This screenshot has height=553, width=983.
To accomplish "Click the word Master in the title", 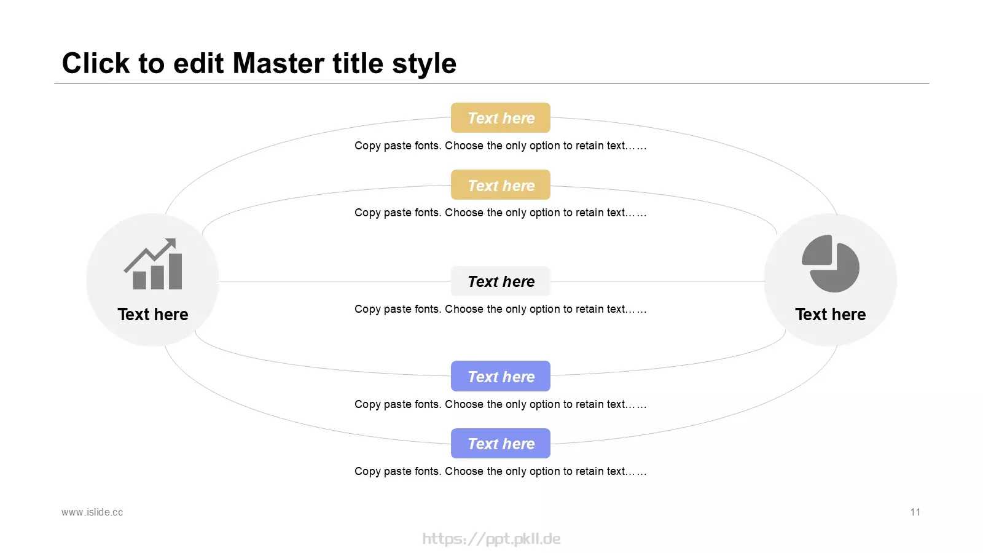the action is pos(278,63).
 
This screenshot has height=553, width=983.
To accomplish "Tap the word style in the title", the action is pos(424,64).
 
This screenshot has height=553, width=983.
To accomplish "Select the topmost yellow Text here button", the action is pos(500,117).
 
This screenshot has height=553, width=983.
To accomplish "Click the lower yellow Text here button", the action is pos(500,185).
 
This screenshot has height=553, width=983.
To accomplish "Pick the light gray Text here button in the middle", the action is pos(500,281).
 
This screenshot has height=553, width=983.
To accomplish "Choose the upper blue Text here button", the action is pos(500,376).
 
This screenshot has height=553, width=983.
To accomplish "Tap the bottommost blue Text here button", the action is pos(500,443).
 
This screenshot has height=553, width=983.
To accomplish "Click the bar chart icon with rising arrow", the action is pos(153,264).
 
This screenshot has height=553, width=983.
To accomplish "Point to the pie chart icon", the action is pos(830,264).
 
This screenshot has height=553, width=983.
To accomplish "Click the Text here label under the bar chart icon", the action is pos(153,314).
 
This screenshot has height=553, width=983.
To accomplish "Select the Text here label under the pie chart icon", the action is pos(830,314).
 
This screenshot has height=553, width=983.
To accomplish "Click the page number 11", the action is pos(915,512).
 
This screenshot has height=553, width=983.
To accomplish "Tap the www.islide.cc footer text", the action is pos(92,512).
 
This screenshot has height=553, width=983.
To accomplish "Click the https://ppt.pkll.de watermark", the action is pos(491,538).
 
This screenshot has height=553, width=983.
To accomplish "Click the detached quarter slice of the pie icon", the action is pos(817,249).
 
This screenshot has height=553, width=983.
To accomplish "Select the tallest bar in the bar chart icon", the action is pos(176,271).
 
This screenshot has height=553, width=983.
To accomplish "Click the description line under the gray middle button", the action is pos(500,309).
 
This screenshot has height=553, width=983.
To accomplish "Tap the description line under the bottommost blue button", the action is pos(500,471).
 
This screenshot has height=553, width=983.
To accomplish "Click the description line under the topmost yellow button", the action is pos(500,146).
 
